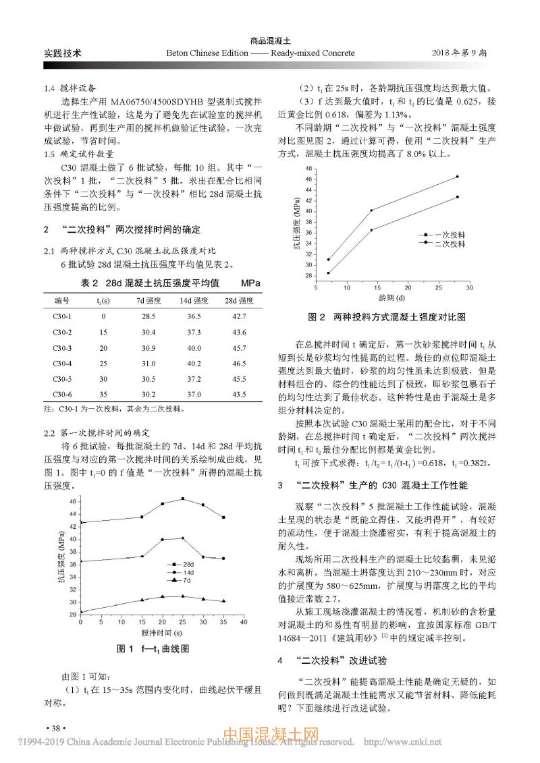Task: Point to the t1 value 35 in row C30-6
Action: tap(104, 394)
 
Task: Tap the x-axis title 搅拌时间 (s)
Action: tap(163, 633)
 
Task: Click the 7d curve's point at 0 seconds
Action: tap(81, 612)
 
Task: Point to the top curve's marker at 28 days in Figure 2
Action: tap(457, 177)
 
